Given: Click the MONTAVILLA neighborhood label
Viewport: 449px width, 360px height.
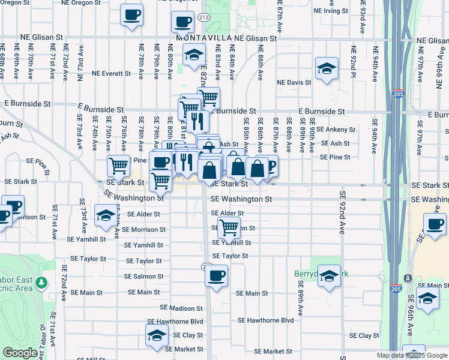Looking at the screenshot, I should click(x=204, y=38).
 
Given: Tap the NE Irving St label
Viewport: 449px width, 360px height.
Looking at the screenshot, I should click(x=328, y=10).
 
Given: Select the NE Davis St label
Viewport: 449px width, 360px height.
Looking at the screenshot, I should click(x=294, y=82).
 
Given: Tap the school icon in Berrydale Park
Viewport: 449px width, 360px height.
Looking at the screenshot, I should click(x=329, y=276).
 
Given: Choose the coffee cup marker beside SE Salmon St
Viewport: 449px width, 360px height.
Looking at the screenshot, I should click(x=216, y=276).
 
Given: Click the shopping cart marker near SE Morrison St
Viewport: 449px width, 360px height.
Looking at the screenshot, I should click(x=229, y=227).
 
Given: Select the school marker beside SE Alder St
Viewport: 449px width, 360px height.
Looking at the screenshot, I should click(x=106, y=215).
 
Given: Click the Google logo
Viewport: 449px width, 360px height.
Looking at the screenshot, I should click(x=20, y=353).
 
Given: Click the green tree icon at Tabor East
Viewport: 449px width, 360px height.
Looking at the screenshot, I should click(x=41, y=281).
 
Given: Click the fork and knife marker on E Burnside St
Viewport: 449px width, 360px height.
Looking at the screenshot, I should click(x=197, y=121).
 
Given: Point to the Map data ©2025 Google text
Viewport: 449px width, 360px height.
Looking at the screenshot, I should click(x=412, y=355).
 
